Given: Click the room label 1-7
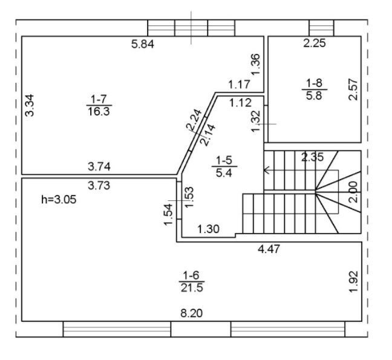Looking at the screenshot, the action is [99, 99].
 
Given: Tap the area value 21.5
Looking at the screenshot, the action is [192, 288].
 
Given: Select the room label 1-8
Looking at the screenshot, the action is [314, 83].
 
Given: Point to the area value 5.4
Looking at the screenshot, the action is [224, 173].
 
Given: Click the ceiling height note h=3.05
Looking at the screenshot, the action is [59, 200].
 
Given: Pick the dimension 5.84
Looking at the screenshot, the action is [143, 44].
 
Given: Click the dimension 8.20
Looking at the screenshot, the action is [192, 313].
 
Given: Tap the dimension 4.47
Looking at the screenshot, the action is [269, 249].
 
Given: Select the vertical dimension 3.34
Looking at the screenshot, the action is [30, 105].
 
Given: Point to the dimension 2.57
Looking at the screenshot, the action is [353, 90].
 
